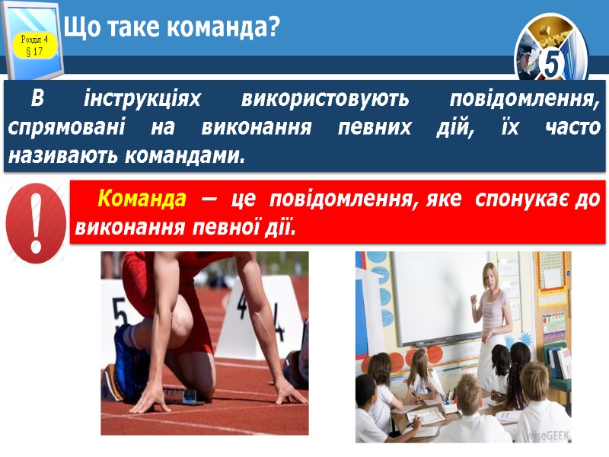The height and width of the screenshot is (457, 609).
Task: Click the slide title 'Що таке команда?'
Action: click(x=172, y=29)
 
